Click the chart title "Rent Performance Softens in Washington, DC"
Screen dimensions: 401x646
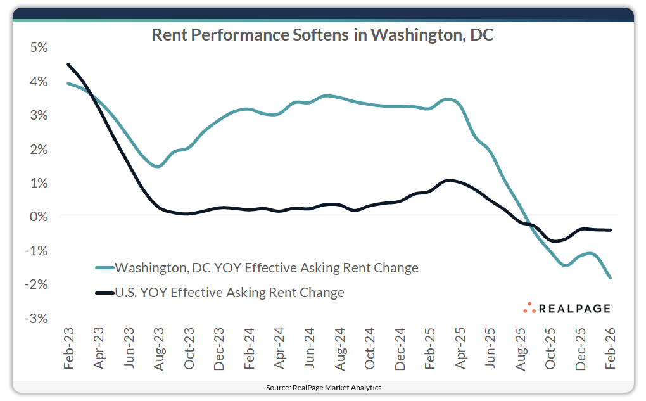tap(322, 35)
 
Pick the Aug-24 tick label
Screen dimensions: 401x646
tap(339, 348)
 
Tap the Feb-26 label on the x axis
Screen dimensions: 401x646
tap(611, 348)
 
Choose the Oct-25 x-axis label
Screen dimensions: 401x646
tap(550, 348)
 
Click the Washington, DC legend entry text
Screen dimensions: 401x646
tap(267, 268)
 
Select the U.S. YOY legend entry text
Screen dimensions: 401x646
tap(229, 293)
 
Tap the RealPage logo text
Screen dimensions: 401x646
tap(575, 309)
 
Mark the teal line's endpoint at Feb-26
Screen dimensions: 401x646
tap(611, 277)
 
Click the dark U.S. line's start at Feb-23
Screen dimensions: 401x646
tap(68, 65)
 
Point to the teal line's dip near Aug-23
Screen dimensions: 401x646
tap(158, 166)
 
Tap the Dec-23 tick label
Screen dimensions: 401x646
tap(219, 348)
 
